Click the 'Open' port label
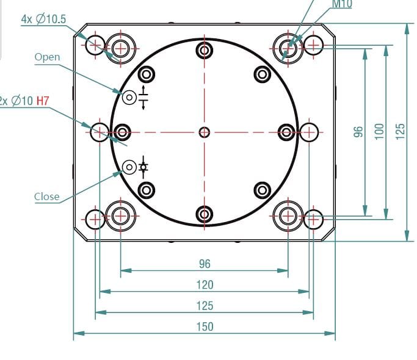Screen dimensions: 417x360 [x=48, y=57]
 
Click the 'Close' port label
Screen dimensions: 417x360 [x=47, y=196]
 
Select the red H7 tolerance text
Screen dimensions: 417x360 [x=43, y=101]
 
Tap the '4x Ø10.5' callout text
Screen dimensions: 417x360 [x=43, y=19]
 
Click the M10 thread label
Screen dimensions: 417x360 [x=342, y=4]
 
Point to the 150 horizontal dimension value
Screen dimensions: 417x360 [x=205, y=327]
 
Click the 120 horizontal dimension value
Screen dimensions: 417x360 [x=205, y=285]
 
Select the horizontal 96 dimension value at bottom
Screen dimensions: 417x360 [x=205, y=264]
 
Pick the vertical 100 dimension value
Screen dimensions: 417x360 [x=379, y=131]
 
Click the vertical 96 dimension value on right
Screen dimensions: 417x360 [x=358, y=132]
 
